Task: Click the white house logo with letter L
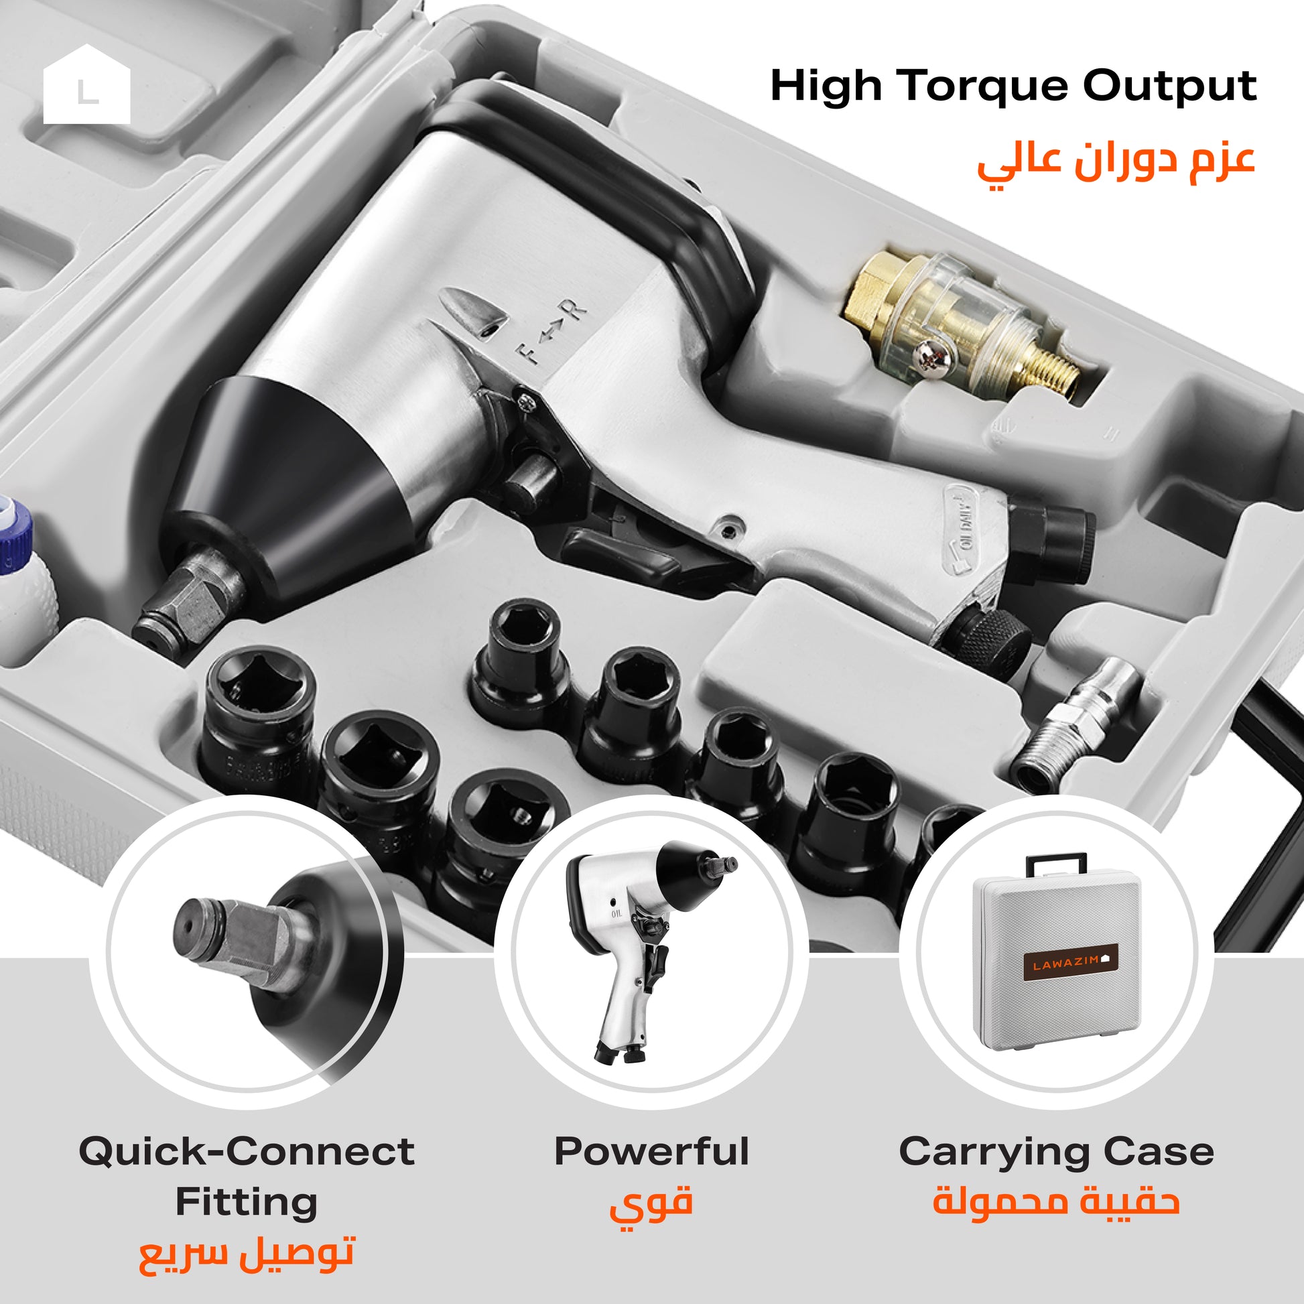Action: (86, 84)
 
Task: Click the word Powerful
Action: (651, 1151)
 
